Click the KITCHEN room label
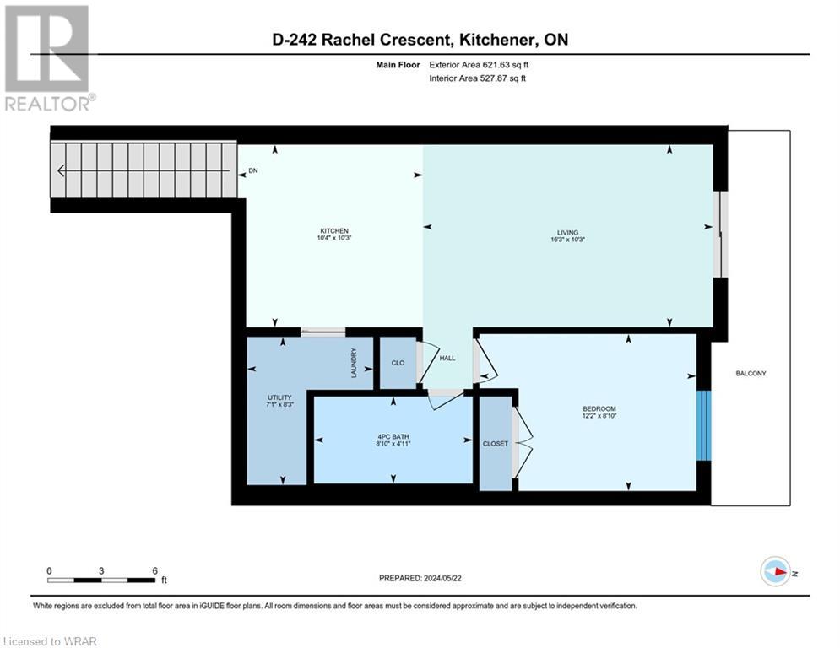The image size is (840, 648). coord(333,231)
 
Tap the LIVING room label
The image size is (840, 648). coord(567,231)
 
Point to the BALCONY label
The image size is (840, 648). coord(751,373)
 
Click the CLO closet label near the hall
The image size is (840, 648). coord(398,363)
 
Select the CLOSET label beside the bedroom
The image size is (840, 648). coord(496,443)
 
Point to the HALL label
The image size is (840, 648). coord(447,359)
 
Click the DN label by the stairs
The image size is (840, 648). coord(253,170)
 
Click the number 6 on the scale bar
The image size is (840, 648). coord(154,570)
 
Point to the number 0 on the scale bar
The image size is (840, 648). coord(49,570)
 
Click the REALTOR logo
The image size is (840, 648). coord(47,57)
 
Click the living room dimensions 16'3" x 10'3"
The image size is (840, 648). coord(567,240)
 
